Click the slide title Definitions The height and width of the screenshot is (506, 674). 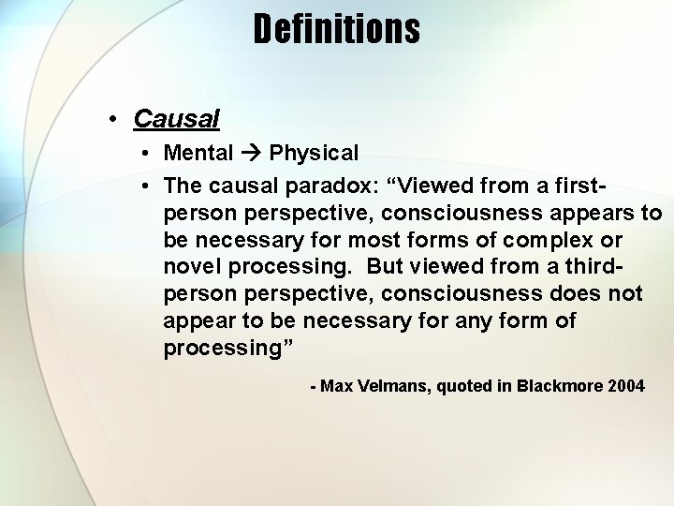[x=336, y=29]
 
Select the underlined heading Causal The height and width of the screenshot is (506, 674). [x=176, y=119]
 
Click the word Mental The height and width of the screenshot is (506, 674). [x=198, y=152]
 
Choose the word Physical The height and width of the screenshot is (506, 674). [x=314, y=152]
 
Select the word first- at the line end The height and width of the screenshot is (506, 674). [x=613, y=182]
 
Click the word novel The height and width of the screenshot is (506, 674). [x=192, y=266]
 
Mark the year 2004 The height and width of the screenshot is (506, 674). [x=624, y=385]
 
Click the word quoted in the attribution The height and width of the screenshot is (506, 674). [x=462, y=385]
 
